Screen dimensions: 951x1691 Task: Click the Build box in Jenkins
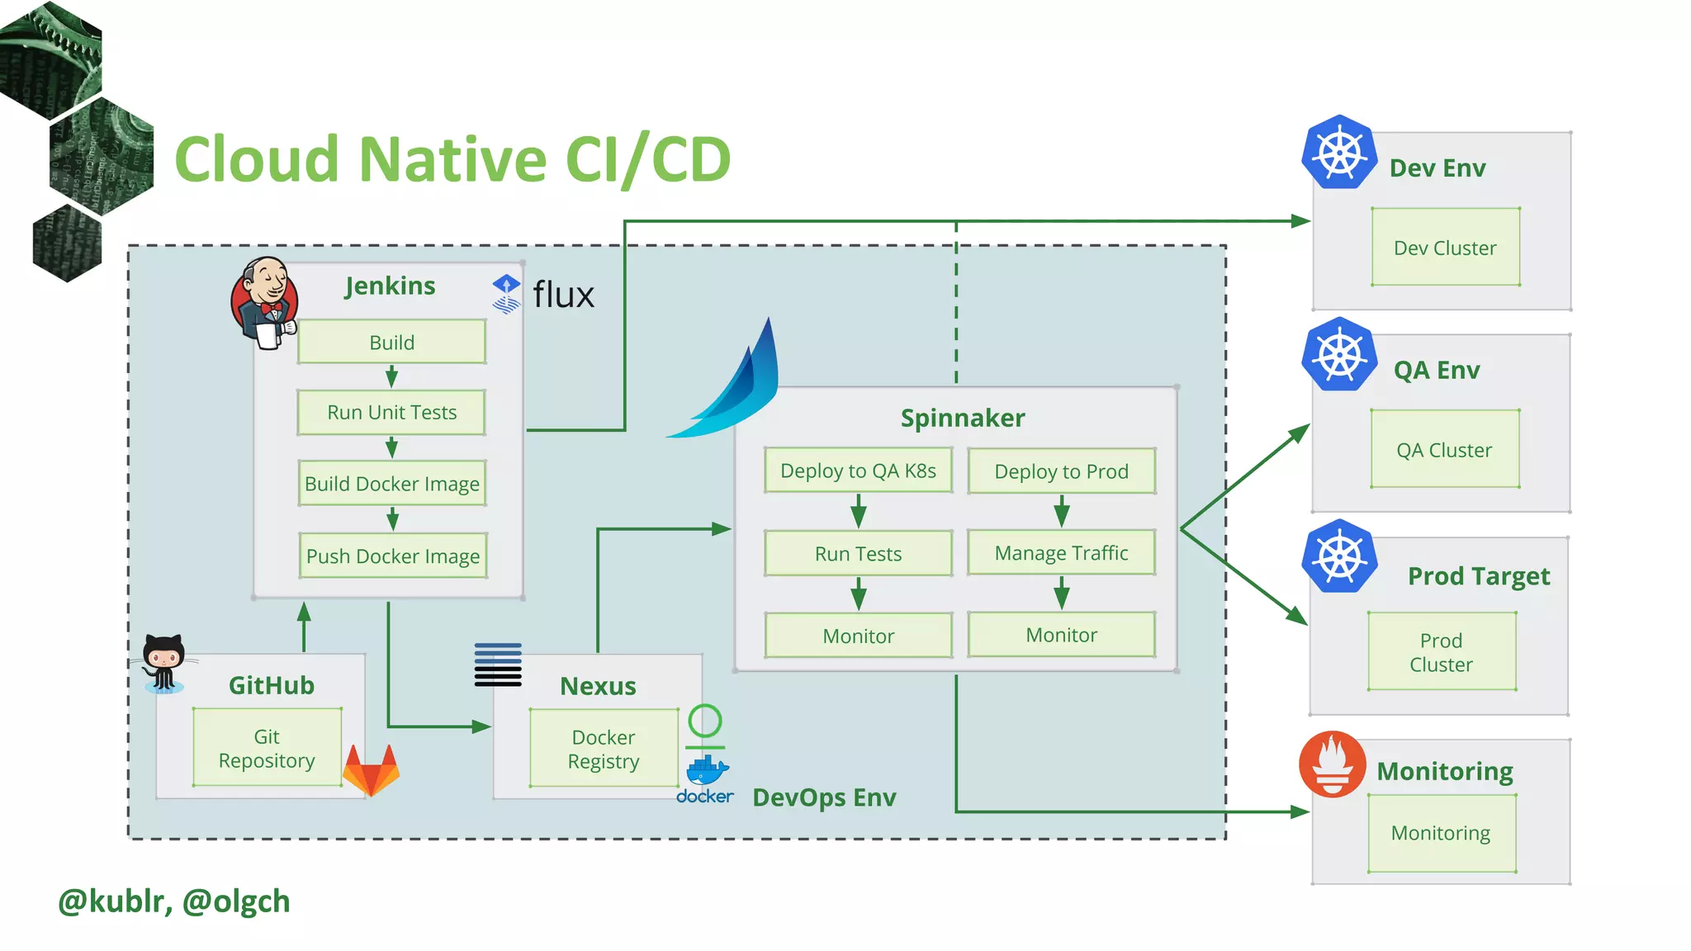[391, 342]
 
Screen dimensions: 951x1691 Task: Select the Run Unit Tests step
[391, 412]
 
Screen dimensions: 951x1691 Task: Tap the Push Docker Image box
[392, 556]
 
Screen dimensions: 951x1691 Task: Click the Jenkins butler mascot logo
[264, 302]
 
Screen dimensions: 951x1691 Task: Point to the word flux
[563, 295]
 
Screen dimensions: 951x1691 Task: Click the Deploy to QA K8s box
[858, 471]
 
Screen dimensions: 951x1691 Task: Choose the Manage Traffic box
[1061, 552]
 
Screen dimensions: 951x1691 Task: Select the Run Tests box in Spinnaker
[858, 553]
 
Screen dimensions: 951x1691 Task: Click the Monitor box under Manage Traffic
[1061, 635]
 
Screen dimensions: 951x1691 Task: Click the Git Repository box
[267, 748]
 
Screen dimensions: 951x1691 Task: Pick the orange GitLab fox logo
[372, 770]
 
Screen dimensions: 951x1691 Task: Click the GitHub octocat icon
[163, 662]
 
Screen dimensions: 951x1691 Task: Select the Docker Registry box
[604, 749]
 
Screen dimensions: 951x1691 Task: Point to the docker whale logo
[707, 771]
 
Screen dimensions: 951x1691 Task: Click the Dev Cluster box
[1445, 248]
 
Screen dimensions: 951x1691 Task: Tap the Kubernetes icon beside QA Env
[1339, 355]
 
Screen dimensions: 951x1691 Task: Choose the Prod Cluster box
[1441, 652]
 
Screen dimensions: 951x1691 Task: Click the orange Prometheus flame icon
[1333, 764]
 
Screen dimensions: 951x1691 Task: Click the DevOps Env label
[824, 797]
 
